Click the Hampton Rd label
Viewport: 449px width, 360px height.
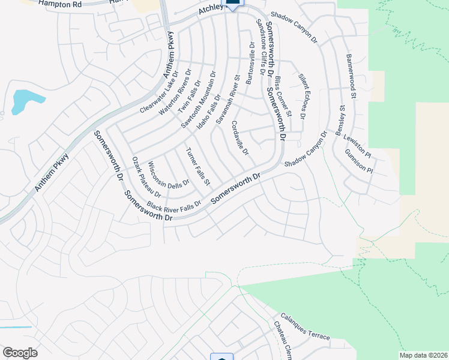pyautogui.click(x=59, y=4)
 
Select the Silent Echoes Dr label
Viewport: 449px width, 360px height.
pyautogui.click(x=306, y=96)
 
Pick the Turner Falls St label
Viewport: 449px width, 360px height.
pyautogui.click(x=198, y=166)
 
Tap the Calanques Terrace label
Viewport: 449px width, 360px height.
pyautogui.click(x=305, y=326)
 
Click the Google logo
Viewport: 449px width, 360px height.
pyautogui.click(x=20, y=353)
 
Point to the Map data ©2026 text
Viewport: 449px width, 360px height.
pyautogui.click(x=423, y=355)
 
